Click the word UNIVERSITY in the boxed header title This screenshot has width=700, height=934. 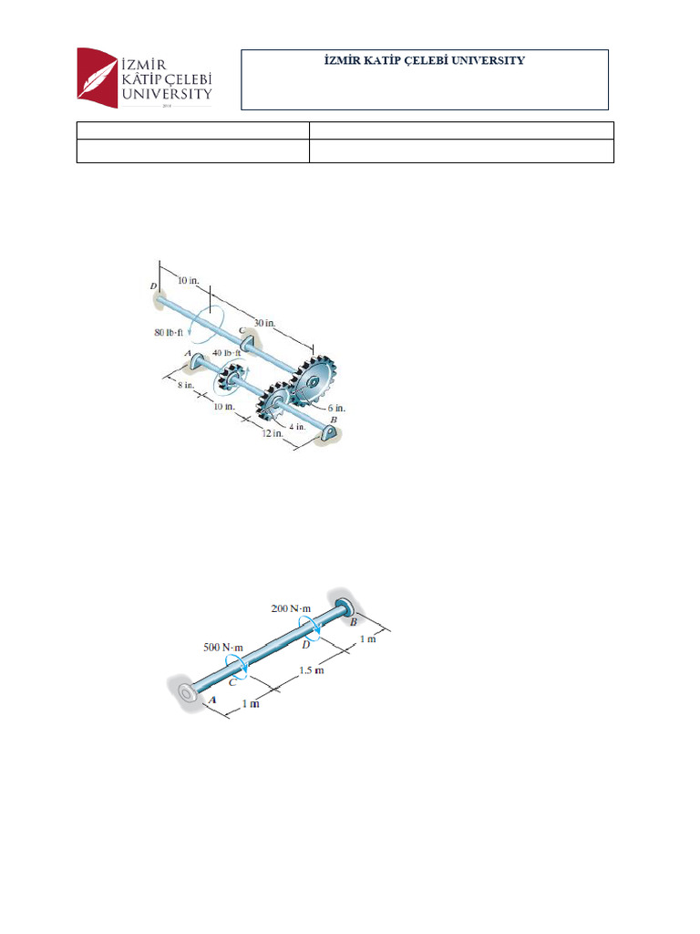(x=490, y=60)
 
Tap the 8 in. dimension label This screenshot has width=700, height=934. (x=186, y=386)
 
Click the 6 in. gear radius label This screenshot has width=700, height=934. (x=335, y=408)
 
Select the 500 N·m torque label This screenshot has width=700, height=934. (x=224, y=646)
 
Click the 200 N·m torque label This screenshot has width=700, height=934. (x=291, y=607)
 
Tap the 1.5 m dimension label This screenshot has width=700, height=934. (x=313, y=671)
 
